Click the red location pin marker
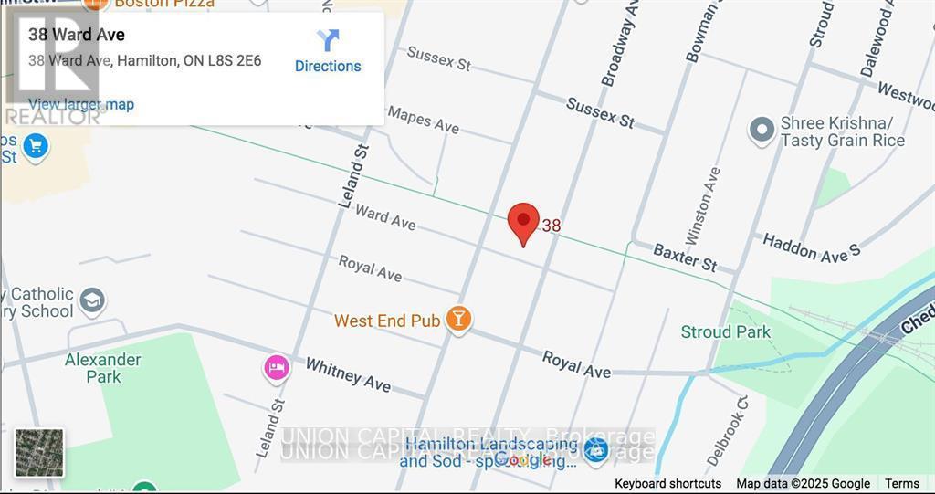(522, 223)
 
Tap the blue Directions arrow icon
(328, 40)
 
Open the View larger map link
(81, 104)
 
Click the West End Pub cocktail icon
(457, 319)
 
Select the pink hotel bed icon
(276, 368)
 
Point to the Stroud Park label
(726, 331)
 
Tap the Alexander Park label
(102, 367)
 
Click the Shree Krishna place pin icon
(762, 131)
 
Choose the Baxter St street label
(685, 257)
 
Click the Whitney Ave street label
(348, 373)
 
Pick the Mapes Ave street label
(423, 119)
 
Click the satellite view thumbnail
(39, 453)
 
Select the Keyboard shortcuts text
(667, 484)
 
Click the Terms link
(902, 484)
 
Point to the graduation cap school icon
(92, 300)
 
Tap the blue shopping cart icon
(35, 146)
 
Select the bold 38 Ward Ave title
(77, 35)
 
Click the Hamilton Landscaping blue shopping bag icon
(595, 450)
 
